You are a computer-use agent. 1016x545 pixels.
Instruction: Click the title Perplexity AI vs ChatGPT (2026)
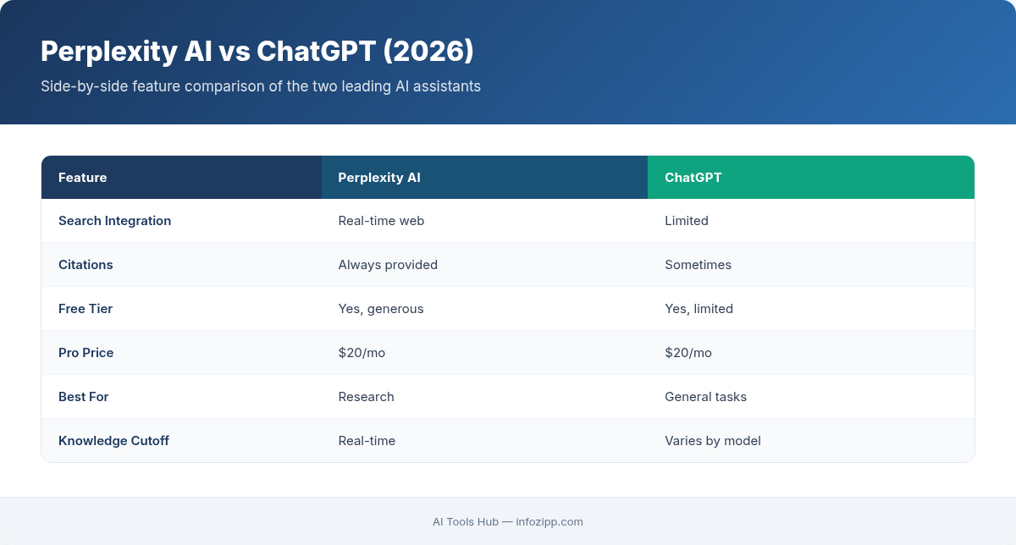tap(257, 52)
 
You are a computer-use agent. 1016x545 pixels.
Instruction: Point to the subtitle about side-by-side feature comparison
tap(261, 86)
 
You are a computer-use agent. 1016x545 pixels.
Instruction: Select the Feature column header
tap(83, 178)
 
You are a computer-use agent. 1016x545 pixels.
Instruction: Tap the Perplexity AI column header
tap(379, 178)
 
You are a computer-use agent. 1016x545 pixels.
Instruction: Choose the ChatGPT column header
tap(693, 178)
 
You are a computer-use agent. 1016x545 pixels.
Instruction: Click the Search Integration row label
tap(114, 221)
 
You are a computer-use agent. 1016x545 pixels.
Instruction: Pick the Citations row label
tap(86, 265)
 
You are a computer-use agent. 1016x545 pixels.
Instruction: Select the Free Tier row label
tap(86, 309)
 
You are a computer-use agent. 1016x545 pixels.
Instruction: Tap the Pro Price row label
tap(86, 353)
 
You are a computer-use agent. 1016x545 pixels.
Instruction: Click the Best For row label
tap(83, 397)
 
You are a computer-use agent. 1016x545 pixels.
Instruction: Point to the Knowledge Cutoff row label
tap(113, 441)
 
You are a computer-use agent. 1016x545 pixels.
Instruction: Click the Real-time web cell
tap(381, 221)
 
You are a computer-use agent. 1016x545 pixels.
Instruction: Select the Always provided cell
tap(388, 265)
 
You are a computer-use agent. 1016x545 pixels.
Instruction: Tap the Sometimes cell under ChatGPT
tap(698, 265)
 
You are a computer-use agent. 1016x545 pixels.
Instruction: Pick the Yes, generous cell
tap(381, 309)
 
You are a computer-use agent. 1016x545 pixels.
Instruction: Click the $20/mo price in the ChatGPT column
tap(688, 353)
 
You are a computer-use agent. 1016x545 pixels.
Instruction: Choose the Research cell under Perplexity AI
tap(366, 397)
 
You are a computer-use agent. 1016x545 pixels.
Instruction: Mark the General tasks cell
tap(705, 397)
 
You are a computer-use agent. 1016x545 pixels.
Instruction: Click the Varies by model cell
tap(713, 441)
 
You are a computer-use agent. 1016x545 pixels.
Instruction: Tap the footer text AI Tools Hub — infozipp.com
tap(508, 521)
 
